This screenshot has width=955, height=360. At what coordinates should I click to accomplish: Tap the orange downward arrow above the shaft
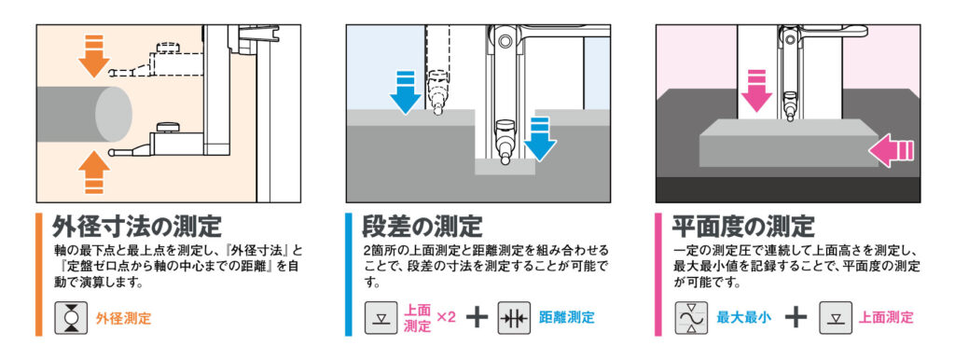click(x=94, y=57)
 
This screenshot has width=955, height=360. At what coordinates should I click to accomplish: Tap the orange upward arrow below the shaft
click(x=94, y=173)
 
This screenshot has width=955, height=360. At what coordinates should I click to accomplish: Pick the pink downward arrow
click(x=756, y=91)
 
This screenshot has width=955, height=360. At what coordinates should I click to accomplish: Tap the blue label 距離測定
click(x=567, y=317)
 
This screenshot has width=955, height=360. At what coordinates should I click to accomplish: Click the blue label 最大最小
click(x=744, y=317)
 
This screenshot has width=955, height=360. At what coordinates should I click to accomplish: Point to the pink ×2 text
click(x=447, y=317)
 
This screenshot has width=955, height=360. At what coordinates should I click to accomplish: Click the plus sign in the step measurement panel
click(x=477, y=317)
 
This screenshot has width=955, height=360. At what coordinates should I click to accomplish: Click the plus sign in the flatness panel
click(x=796, y=317)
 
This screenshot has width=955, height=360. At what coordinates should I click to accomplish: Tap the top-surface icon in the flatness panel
click(x=835, y=317)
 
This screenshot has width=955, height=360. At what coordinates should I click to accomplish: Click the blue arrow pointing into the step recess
click(x=540, y=139)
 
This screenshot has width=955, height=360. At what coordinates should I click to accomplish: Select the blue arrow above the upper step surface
click(x=405, y=92)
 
